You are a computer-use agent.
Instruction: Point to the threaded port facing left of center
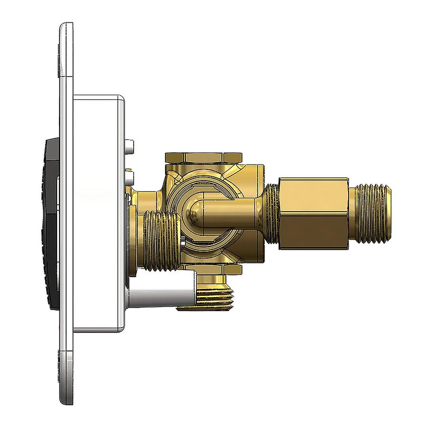coord(161,241)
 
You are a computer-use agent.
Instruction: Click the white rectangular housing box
coord(97,214)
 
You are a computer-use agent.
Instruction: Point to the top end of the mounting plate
coord(67,48)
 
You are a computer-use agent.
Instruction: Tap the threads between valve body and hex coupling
coord(271,213)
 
